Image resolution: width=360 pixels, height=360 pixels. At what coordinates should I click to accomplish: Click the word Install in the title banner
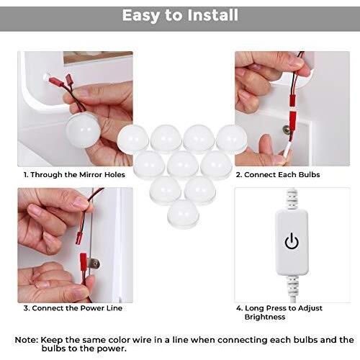pyautogui.click(x=212, y=15)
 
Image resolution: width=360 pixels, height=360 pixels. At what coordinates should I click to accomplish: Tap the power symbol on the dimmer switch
pyautogui.click(x=292, y=241)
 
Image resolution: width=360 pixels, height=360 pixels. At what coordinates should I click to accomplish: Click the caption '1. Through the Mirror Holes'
pyautogui.click(x=74, y=174)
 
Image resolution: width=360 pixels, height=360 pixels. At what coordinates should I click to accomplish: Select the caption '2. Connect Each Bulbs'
pyautogui.click(x=278, y=174)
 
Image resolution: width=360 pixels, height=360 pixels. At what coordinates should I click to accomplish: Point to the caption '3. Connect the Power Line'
pyautogui.click(x=73, y=308)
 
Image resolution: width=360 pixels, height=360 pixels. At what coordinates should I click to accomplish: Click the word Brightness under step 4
pyautogui.click(x=265, y=317)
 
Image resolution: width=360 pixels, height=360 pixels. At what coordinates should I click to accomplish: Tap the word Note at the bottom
pyautogui.click(x=27, y=340)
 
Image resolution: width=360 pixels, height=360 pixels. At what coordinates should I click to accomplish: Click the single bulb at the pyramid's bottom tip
pyautogui.click(x=183, y=215)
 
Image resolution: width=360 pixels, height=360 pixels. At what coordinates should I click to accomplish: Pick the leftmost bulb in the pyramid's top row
pyautogui.click(x=133, y=139)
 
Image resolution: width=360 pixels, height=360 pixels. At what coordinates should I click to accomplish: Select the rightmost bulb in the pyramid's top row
pyautogui.click(x=232, y=139)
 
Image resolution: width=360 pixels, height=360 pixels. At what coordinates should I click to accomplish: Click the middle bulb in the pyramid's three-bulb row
pyautogui.click(x=183, y=165)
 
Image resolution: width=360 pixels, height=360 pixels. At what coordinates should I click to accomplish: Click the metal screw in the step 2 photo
pyautogui.click(x=286, y=130)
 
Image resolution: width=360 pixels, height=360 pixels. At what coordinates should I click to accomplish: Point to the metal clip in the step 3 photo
pyautogui.click(x=94, y=264)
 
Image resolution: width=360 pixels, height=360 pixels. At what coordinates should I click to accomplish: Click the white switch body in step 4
pyautogui.click(x=292, y=243)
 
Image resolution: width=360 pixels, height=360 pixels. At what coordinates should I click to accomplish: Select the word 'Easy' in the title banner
pyautogui.click(x=141, y=16)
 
